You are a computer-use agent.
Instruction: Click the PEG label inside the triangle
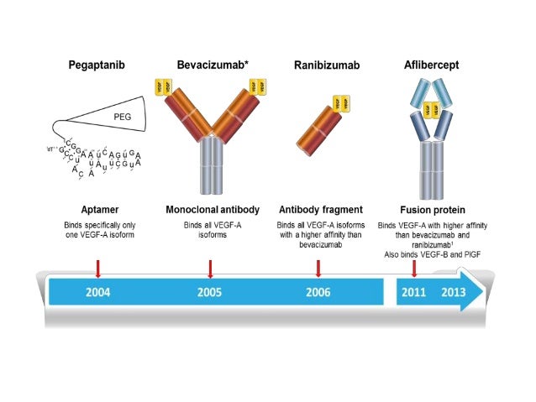[124, 109]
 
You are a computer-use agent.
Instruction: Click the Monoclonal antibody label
[211, 209]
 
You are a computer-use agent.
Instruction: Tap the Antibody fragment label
[321, 209]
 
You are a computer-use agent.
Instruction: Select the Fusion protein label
[433, 209]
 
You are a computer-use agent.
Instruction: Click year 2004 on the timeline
[98, 293]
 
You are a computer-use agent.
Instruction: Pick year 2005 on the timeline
[211, 293]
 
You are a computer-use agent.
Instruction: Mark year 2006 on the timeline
[318, 293]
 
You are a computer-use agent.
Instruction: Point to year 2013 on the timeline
[453, 293]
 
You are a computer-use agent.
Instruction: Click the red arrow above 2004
[98, 268]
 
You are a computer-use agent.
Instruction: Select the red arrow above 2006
[318, 268]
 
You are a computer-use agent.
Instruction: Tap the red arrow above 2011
[414, 268]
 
